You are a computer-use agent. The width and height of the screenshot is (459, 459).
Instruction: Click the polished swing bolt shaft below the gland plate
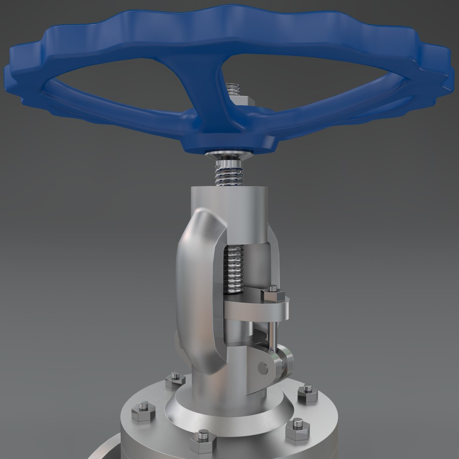coord(271,333)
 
